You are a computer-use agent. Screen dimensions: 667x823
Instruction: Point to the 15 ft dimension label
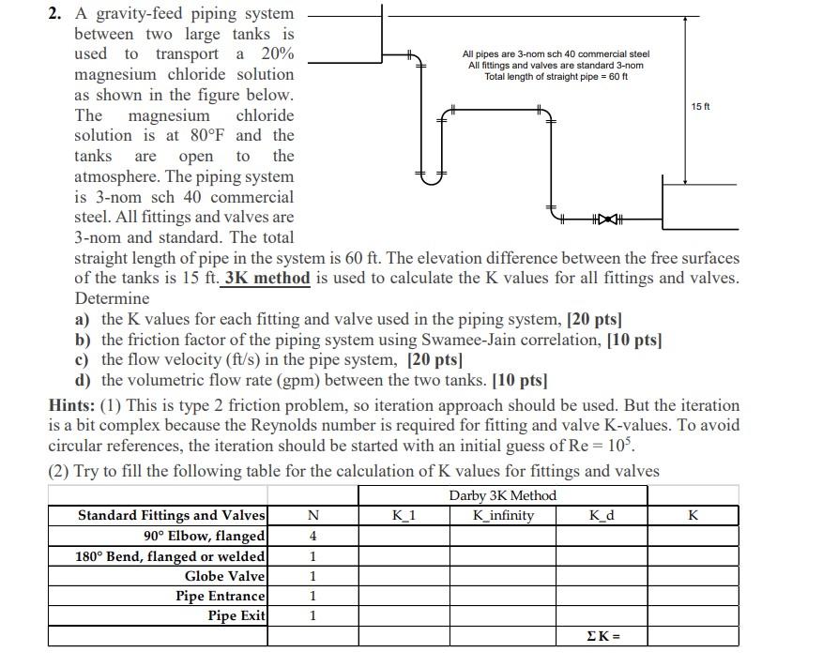click(701, 107)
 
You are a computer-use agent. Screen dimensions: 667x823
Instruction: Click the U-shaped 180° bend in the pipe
click(431, 176)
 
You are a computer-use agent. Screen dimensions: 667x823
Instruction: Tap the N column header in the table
click(312, 515)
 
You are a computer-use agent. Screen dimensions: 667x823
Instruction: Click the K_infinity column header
click(504, 515)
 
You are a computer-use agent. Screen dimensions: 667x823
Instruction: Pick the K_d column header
click(602, 515)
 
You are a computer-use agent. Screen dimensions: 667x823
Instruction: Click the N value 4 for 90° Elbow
click(312, 536)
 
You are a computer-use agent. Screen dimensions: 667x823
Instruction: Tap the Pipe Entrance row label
click(221, 596)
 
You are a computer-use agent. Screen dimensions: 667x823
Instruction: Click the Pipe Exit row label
click(236, 615)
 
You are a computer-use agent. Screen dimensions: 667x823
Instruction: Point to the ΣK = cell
click(602, 637)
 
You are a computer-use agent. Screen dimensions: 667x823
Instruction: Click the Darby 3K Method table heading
click(503, 495)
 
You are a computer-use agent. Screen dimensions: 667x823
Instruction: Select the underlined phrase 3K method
click(268, 278)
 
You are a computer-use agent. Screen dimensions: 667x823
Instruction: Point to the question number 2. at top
click(57, 13)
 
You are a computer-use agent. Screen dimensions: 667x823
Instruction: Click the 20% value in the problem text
click(277, 53)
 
